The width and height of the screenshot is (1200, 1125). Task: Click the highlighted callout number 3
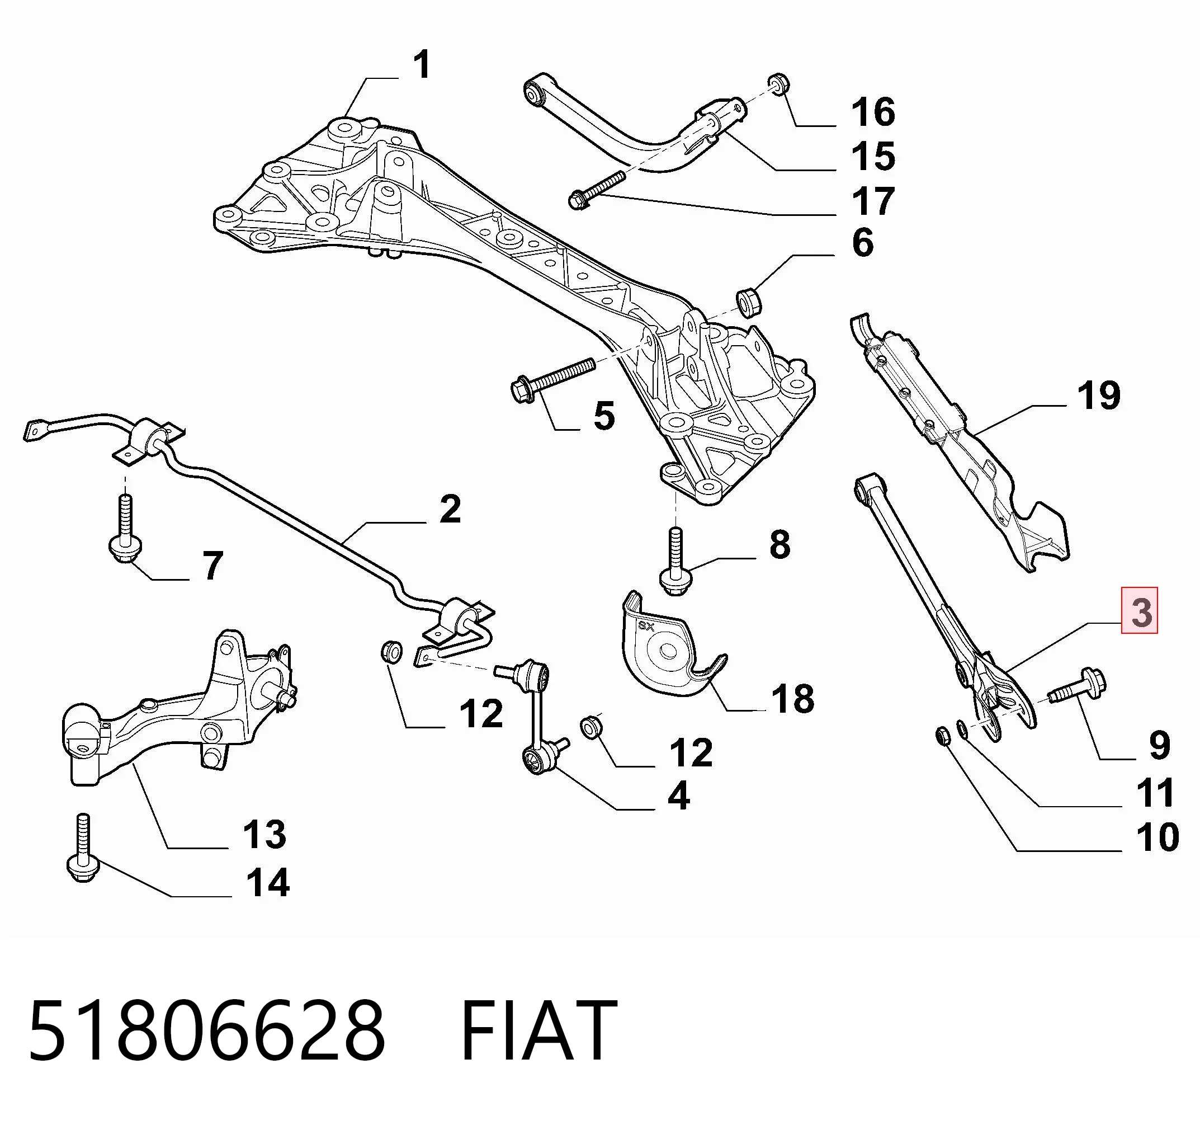coord(1140,611)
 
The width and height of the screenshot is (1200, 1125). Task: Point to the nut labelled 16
coord(779,83)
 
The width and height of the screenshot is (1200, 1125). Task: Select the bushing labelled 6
coord(749,302)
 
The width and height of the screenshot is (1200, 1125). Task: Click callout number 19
coord(1099,396)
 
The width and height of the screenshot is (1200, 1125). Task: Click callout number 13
coord(264,834)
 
